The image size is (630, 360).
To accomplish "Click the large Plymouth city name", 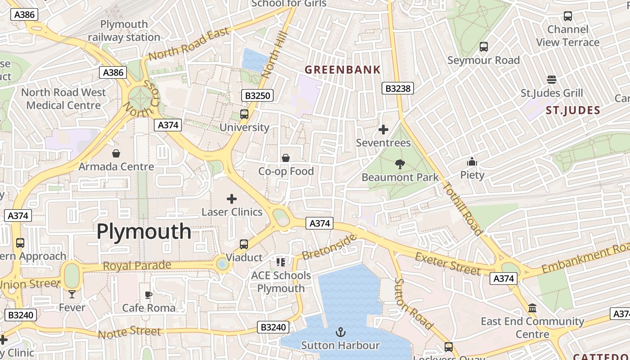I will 144,232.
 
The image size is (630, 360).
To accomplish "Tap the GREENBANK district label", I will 342,70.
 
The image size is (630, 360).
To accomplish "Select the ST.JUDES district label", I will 573,110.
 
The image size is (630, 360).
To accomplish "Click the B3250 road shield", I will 257,95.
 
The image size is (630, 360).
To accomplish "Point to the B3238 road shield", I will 398,89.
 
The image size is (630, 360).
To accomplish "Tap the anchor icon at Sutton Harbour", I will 341,333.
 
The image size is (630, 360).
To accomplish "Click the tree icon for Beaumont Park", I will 399,164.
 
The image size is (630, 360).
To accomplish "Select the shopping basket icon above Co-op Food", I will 285,158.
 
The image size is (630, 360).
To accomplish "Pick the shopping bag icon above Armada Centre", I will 116,153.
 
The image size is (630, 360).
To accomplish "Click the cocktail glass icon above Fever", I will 72,294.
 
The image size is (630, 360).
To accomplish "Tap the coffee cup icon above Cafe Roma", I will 148,295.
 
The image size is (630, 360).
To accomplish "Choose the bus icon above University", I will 244,114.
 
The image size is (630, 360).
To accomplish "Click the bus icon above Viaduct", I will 244,244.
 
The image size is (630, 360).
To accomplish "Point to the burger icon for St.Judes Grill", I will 552,80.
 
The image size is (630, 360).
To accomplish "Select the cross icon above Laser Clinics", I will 232,198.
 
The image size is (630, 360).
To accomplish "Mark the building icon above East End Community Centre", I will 532,308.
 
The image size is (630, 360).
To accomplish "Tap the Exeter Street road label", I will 448,264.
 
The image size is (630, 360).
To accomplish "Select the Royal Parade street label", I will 137,265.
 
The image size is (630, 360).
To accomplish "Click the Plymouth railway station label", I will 124,31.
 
